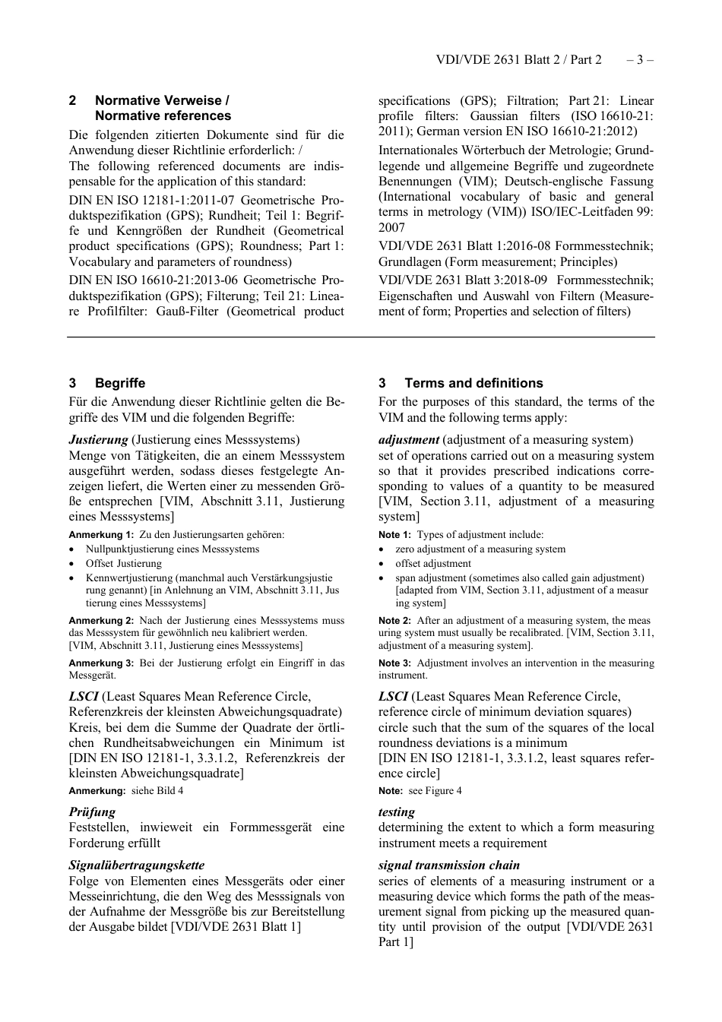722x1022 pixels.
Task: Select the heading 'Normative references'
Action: [x=163, y=116]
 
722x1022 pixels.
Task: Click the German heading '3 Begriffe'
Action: [x=107, y=383]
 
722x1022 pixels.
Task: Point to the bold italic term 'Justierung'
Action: [x=98, y=440]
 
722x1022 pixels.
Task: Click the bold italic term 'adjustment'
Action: [x=409, y=440]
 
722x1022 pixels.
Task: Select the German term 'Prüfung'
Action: [x=92, y=812]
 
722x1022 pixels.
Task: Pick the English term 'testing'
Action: [x=397, y=812]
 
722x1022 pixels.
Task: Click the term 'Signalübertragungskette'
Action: [x=136, y=865]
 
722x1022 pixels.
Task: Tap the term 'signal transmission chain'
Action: [x=449, y=865]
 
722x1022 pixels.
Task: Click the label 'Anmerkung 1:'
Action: [x=101, y=535]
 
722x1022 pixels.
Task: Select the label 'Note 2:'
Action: [x=394, y=621]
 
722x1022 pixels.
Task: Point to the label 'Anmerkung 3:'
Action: [x=101, y=663]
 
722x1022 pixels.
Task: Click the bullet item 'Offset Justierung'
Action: [x=124, y=564]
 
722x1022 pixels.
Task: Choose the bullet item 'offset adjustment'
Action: [x=433, y=564]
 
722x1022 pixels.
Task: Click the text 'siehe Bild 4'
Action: [x=157, y=791]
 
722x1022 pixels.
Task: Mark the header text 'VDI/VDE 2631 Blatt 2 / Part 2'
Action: [x=518, y=59]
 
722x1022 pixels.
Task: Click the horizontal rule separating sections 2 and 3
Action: [x=360, y=337]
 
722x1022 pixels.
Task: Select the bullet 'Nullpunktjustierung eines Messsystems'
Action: [x=173, y=549]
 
